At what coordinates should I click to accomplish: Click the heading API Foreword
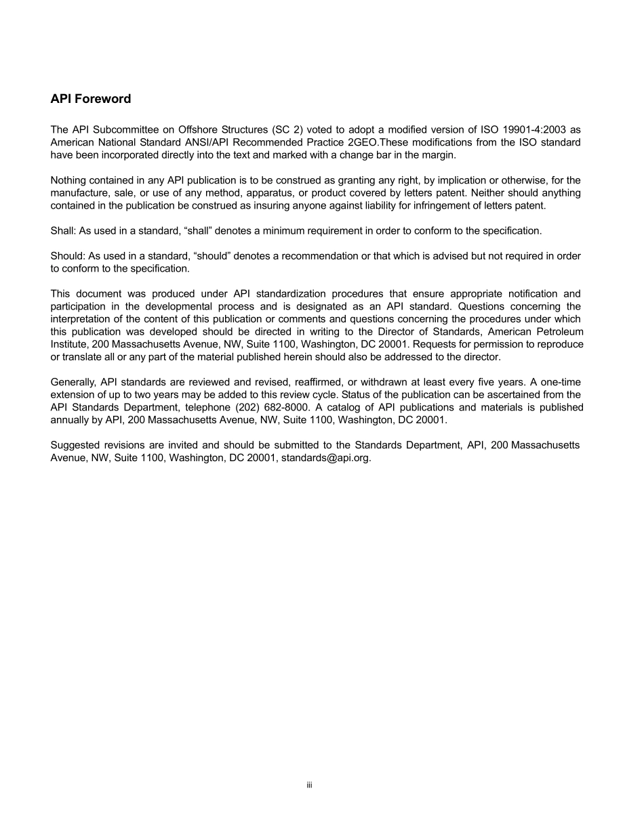pyautogui.click(x=91, y=99)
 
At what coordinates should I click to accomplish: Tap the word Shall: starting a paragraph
pyautogui.click(x=64, y=231)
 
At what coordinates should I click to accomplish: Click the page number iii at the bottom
pyautogui.click(x=308, y=786)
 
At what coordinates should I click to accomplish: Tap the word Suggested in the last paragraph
pyautogui.click(x=75, y=445)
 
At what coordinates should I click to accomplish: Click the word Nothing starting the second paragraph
pyautogui.click(x=69, y=180)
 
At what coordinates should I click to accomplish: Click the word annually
pyautogui.click(x=71, y=420)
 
